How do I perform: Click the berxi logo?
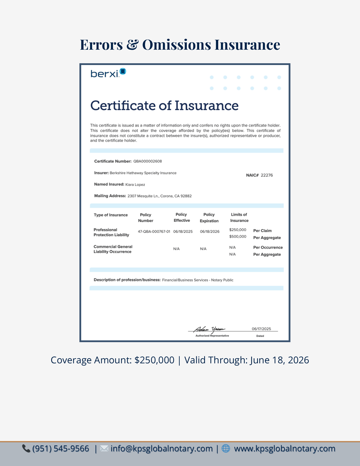(x=108, y=73)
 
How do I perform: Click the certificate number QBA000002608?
(x=147, y=161)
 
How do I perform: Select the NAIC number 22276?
(x=267, y=175)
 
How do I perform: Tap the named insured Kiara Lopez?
(x=135, y=184)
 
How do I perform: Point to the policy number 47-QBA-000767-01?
(x=154, y=232)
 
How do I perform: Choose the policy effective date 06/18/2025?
(x=183, y=232)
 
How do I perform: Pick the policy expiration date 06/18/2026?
(x=210, y=232)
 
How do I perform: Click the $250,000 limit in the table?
(x=238, y=230)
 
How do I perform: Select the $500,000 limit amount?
(x=238, y=237)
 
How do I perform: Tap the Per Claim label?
(x=262, y=231)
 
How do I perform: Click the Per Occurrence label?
(x=268, y=247)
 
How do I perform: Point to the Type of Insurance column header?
(x=111, y=215)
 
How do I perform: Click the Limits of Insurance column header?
(x=239, y=217)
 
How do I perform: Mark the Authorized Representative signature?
(x=209, y=329)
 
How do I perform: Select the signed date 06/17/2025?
(x=261, y=329)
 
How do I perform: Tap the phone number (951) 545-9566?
(x=61, y=449)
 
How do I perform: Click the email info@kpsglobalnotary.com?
(x=161, y=449)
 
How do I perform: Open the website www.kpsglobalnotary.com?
(x=284, y=449)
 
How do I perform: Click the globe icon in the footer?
(x=226, y=448)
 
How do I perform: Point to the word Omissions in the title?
(x=176, y=45)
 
